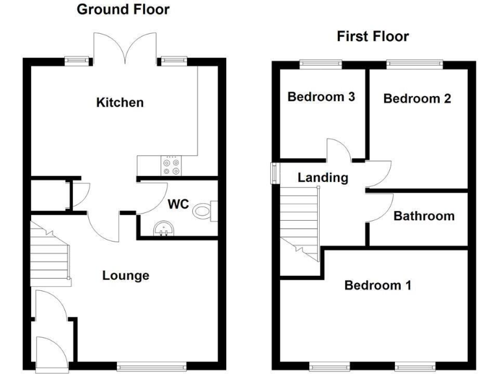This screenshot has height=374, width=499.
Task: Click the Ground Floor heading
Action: (123, 10)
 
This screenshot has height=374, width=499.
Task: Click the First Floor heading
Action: (372, 36)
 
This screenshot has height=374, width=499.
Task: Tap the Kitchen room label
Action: (120, 103)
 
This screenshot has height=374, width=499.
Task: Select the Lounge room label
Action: (125, 275)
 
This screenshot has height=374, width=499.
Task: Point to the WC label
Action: (178, 205)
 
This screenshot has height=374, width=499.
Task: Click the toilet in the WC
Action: (207, 208)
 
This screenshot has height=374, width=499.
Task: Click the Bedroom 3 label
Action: (321, 97)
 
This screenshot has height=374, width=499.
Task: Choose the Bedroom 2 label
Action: (416, 99)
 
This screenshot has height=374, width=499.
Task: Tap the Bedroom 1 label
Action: (377, 285)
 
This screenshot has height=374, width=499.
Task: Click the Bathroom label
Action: (424, 216)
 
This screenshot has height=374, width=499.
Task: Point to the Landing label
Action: (323, 177)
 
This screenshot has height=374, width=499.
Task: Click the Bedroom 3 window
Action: (320, 63)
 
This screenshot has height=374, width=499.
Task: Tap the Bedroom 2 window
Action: (415, 63)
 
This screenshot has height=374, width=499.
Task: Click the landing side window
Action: (274, 173)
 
